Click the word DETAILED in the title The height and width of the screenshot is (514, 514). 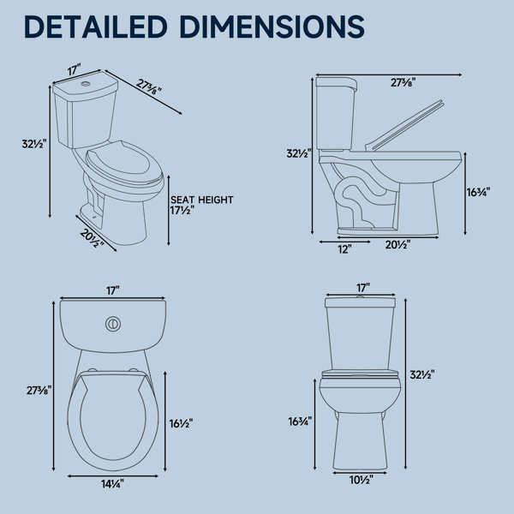pyautogui.click(x=96, y=27)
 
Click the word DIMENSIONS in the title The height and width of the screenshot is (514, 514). pyautogui.click(x=272, y=27)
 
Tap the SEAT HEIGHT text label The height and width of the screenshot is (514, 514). pyautogui.click(x=202, y=200)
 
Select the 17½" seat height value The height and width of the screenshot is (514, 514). pyautogui.click(x=182, y=211)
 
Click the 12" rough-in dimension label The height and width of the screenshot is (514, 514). pyautogui.click(x=345, y=249)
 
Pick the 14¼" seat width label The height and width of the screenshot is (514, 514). pyautogui.click(x=112, y=484)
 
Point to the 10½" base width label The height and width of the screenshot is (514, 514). pyautogui.click(x=362, y=481)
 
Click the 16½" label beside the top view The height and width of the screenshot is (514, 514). pyautogui.click(x=181, y=423)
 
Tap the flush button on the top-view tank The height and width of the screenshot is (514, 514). pyautogui.click(x=113, y=324)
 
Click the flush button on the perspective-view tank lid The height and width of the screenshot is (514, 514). pyautogui.click(x=86, y=84)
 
